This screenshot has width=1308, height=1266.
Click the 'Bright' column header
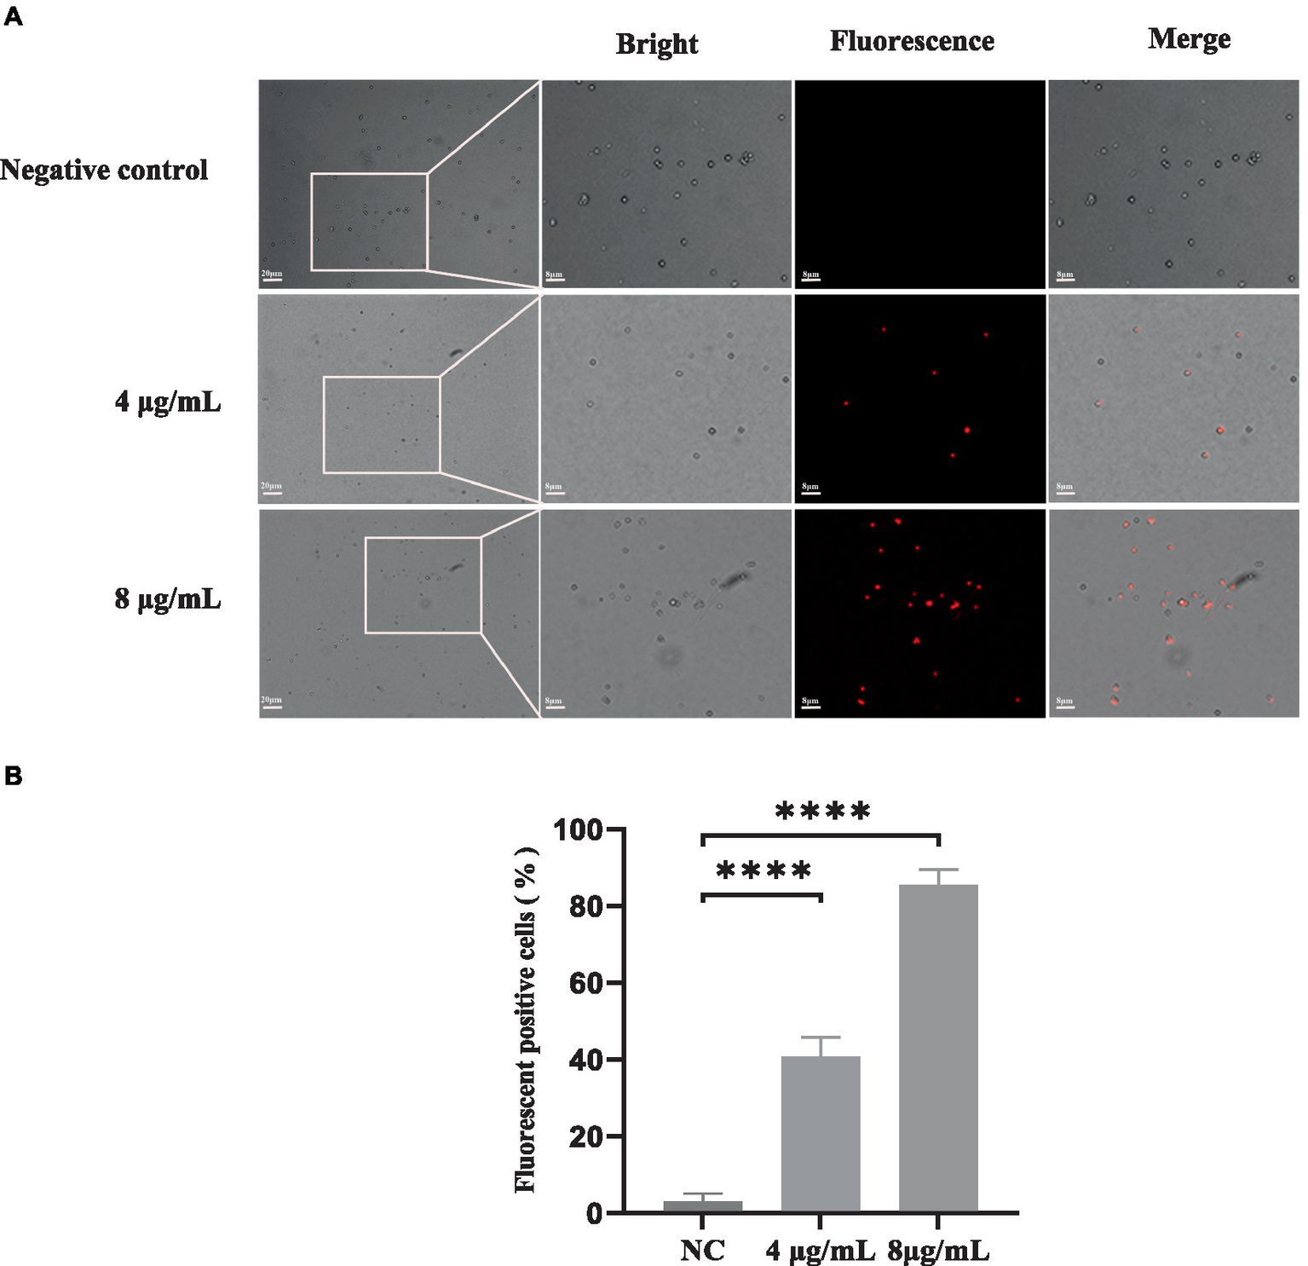[656, 44]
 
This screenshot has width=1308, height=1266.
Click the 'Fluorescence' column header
[912, 42]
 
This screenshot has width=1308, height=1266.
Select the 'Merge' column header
[1189, 39]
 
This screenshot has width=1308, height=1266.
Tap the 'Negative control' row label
[104, 171]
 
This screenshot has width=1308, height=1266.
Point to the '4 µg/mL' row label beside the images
[168, 402]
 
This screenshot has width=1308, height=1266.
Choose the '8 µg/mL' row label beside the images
[168, 599]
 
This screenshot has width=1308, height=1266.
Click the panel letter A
[13, 17]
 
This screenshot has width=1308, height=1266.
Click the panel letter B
[13, 776]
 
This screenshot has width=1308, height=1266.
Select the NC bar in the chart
[703, 1205]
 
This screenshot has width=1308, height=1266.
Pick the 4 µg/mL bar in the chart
[821, 1134]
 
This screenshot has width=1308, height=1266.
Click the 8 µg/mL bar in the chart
[938, 1049]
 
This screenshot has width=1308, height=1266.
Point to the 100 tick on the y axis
[579, 830]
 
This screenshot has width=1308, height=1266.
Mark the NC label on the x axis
[703, 1250]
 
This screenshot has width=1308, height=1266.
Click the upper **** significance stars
[822, 811]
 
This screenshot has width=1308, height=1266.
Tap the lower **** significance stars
[763, 871]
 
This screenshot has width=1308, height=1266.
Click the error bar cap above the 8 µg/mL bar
[938, 870]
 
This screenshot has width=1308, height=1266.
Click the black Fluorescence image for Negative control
[919, 184]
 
